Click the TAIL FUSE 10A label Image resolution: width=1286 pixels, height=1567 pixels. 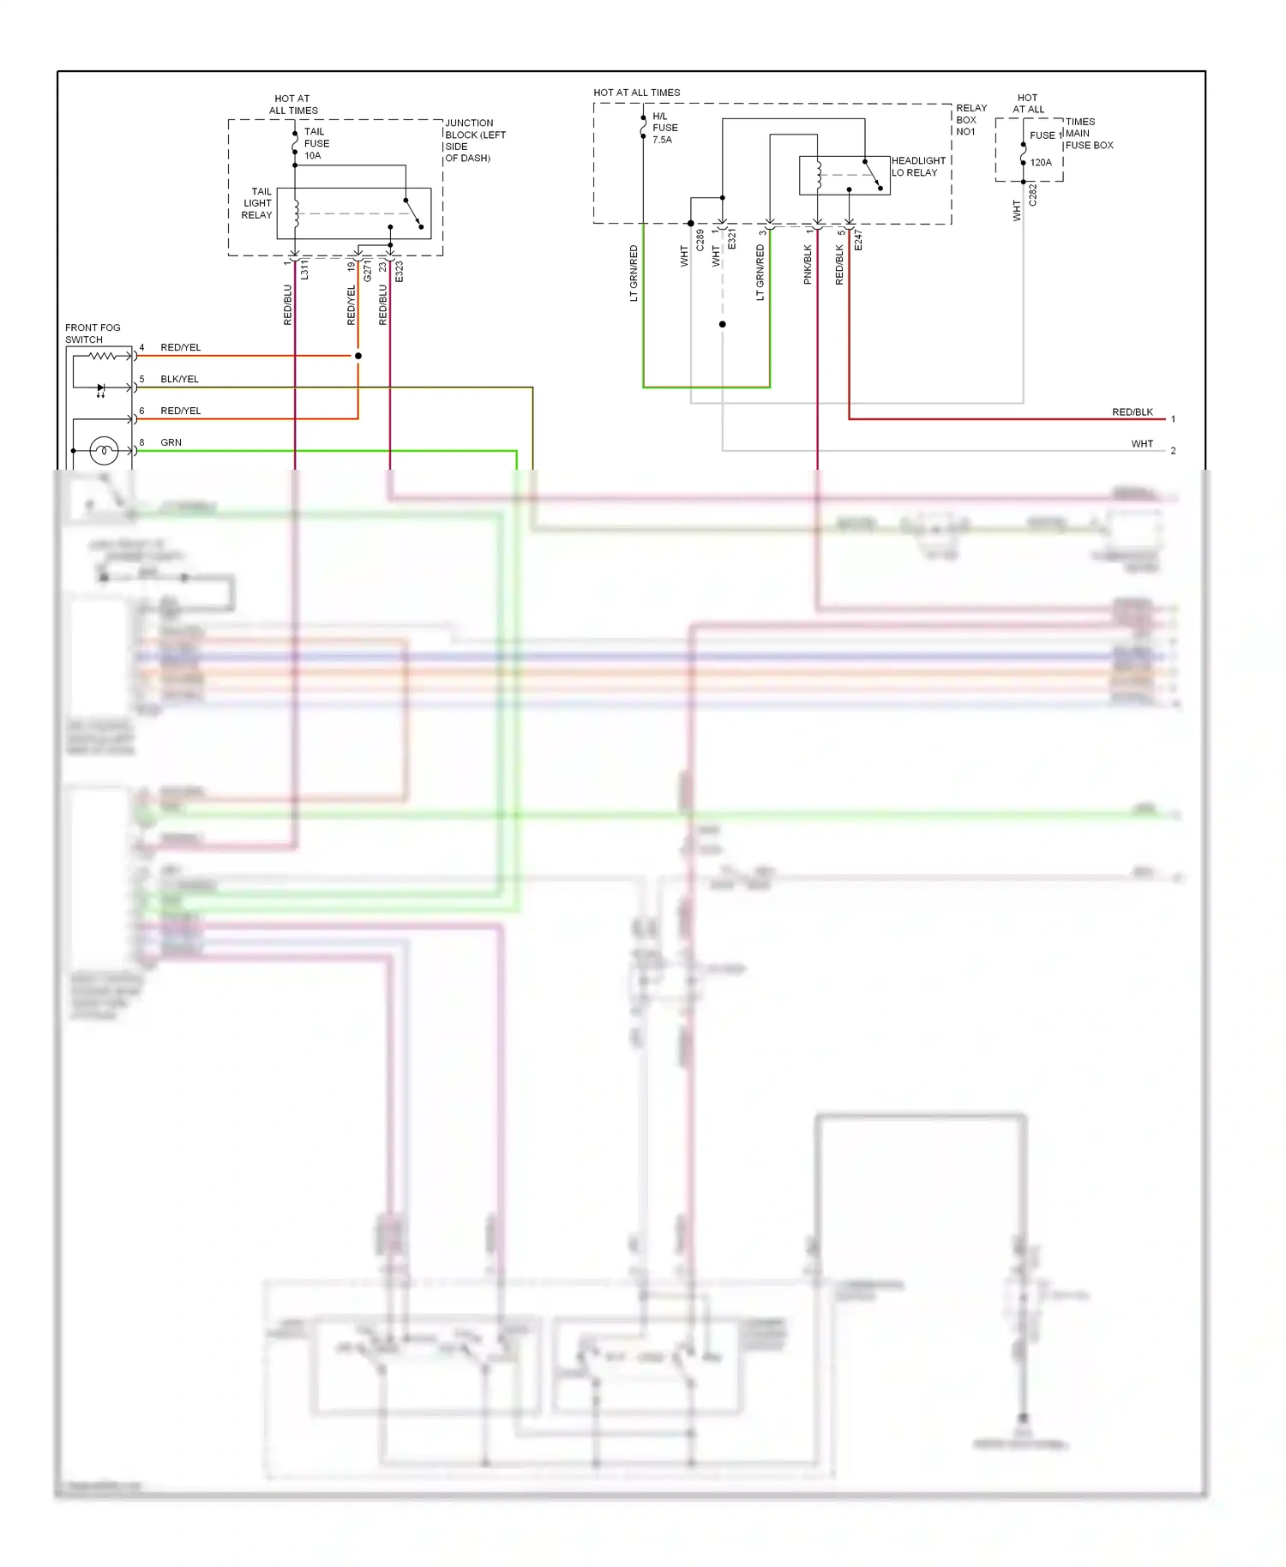[315, 144]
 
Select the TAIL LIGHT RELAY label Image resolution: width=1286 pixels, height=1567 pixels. [257, 203]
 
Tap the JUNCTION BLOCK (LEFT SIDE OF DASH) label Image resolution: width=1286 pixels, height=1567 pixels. [475, 141]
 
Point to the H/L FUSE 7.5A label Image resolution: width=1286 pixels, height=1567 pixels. [664, 128]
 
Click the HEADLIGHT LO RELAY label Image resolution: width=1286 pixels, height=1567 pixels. [918, 166]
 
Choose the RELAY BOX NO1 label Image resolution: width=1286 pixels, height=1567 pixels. [971, 120]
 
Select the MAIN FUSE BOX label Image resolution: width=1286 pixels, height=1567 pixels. [1089, 140]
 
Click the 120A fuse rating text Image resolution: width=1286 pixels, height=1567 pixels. [1041, 163]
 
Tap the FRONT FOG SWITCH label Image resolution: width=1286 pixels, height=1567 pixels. [93, 333]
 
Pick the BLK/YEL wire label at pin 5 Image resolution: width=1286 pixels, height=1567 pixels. [179, 379]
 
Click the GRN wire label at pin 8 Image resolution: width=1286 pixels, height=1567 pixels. [171, 442]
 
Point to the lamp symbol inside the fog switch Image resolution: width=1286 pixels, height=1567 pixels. [104, 450]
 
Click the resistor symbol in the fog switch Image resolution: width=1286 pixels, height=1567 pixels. [103, 355]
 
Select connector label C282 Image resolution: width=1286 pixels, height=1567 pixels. [1033, 195]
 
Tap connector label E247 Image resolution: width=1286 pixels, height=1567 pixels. [858, 240]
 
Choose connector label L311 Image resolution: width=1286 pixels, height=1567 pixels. [304, 269]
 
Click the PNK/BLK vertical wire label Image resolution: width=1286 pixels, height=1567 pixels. [808, 264]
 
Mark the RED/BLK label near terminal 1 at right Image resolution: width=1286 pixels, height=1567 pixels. [1132, 412]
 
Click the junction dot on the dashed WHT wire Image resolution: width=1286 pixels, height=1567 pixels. [723, 324]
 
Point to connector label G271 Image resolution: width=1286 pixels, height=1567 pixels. [368, 271]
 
